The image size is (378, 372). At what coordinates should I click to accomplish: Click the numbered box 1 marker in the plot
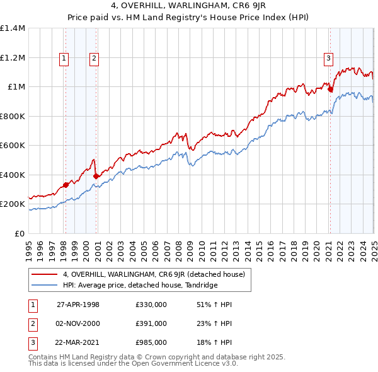[65, 59]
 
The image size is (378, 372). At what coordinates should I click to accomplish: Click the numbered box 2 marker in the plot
[94, 59]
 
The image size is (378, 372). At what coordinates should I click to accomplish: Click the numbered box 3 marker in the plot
[329, 59]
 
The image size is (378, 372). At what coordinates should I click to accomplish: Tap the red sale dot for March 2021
[330, 89]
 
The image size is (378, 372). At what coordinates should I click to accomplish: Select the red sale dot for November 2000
[96, 177]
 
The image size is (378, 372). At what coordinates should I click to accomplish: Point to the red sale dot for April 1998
[66, 185]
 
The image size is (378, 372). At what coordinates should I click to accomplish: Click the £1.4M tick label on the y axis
[13, 28]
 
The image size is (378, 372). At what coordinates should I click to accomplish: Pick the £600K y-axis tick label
[13, 146]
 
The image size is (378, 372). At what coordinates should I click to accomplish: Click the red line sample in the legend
[44, 274]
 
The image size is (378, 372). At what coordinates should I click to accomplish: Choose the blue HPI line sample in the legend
[44, 285]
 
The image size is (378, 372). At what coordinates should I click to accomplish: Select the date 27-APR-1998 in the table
[77, 305]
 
